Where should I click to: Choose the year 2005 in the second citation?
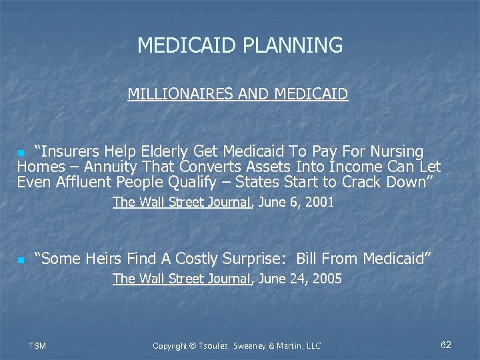[327, 279]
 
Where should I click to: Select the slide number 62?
[446, 345]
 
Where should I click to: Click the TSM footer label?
[37, 345]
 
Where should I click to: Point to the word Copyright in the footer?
[172, 345]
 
